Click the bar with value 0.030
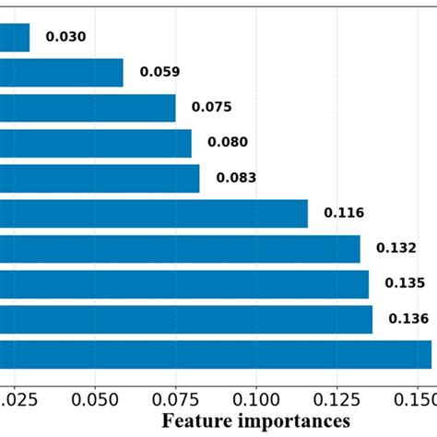[15, 38]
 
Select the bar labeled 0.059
[61, 73]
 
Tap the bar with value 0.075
[88, 108]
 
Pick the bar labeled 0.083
[100, 179]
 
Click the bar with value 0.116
[153, 213]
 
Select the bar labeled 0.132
[180, 249]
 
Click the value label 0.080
[227, 143]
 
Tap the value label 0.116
[343, 213]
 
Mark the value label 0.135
[404, 284]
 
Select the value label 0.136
[408, 319]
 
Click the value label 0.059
[159, 72]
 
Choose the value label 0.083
[236, 178]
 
